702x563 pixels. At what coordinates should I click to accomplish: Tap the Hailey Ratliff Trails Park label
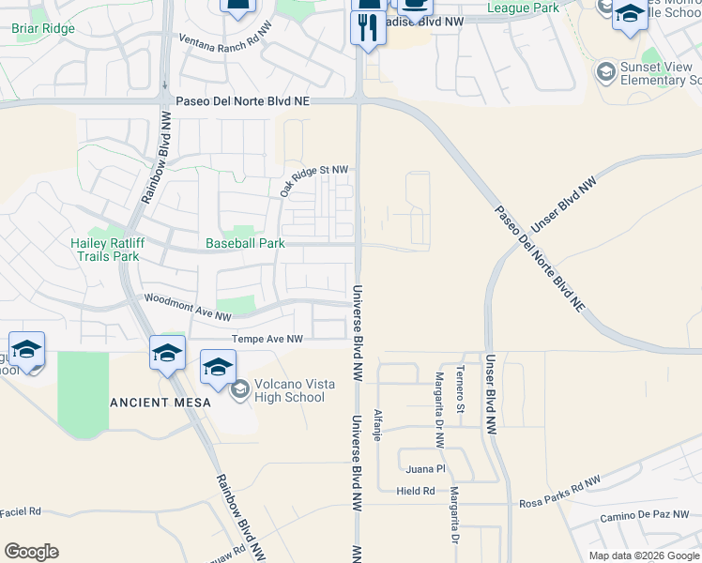click(x=105, y=249)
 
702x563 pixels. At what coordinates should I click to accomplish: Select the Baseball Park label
click(x=245, y=243)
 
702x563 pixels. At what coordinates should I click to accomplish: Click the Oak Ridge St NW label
click(x=313, y=180)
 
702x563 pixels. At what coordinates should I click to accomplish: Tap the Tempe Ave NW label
click(x=267, y=339)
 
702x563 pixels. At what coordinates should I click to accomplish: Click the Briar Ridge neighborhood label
click(x=43, y=28)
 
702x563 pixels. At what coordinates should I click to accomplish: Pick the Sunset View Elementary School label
click(x=653, y=73)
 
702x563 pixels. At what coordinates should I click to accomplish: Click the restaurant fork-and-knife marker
click(x=368, y=28)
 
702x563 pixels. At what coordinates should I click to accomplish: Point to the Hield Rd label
click(x=416, y=491)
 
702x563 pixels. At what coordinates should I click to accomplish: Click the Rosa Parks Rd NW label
click(x=559, y=494)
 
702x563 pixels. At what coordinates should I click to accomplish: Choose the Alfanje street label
click(x=378, y=425)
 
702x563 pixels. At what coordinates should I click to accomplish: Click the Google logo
click(x=31, y=552)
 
